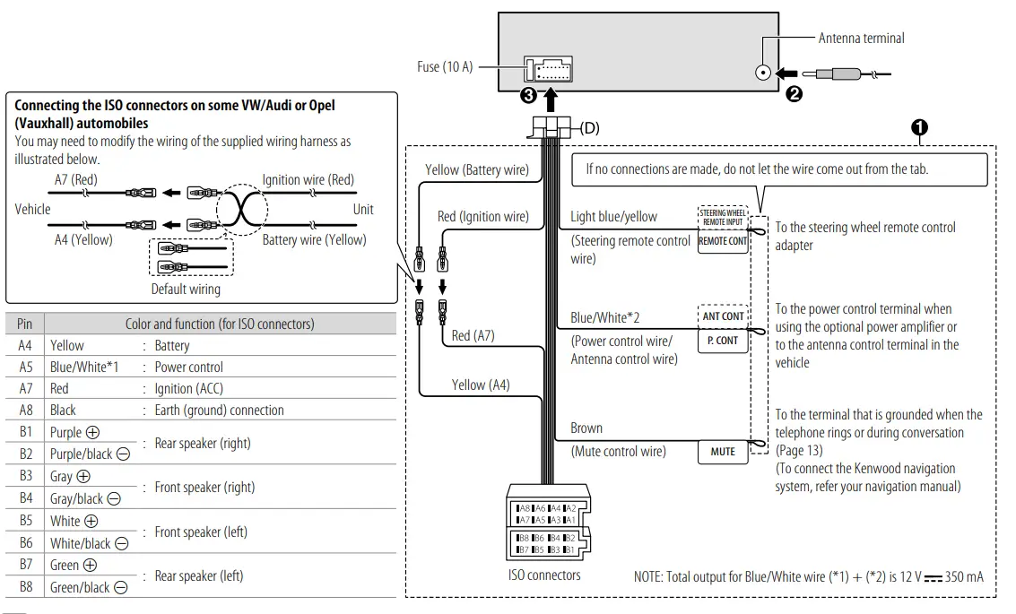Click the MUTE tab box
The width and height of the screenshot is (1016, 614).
(723, 452)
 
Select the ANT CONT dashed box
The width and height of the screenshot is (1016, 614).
(723, 316)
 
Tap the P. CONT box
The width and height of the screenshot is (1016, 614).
(723, 341)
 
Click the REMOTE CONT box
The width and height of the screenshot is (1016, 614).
(723, 241)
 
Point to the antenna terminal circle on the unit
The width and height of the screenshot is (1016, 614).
(763, 74)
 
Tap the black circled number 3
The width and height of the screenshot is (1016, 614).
(529, 95)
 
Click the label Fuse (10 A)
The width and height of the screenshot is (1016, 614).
(445, 67)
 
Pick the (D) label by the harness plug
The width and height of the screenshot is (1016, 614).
(589, 128)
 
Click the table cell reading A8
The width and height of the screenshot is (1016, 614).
(25, 411)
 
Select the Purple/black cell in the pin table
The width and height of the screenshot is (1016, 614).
(82, 454)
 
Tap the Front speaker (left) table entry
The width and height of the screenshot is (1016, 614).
(205, 532)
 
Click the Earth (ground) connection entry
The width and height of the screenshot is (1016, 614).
(219, 411)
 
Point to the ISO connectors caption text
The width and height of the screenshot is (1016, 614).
(544, 575)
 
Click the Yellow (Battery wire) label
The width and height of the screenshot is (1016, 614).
(476, 169)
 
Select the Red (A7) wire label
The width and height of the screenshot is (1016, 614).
(473, 335)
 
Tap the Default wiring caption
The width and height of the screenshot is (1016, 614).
(186, 290)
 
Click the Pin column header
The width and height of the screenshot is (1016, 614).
(25, 324)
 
